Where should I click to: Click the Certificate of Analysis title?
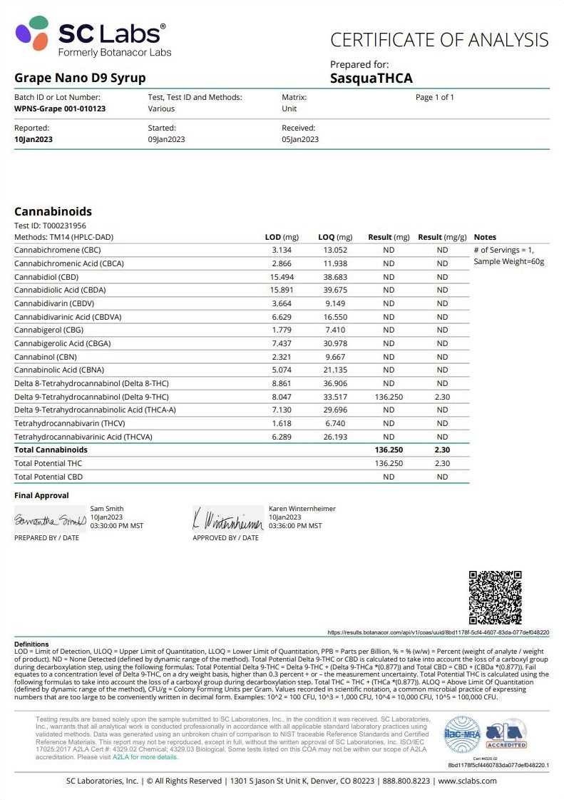[x=439, y=40]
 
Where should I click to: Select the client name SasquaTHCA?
[x=371, y=79]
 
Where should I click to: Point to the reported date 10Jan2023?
[x=34, y=140]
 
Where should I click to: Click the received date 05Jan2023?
[x=300, y=140]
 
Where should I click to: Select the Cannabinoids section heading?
[x=53, y=211]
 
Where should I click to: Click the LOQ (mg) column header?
[x=335, y=237]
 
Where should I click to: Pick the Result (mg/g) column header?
[x=442, y=237]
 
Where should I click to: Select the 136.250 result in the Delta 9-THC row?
[x=389, y=397]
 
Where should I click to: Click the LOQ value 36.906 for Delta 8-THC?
[x=335, y=383]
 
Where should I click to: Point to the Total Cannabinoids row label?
[x=51, y=450]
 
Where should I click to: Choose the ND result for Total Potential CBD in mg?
[x=389, y=477]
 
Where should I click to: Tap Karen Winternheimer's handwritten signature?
[x=227, y=519]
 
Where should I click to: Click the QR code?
[x=495, y=597]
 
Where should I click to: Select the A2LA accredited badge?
[x=506, y=734]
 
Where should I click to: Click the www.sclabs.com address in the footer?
[x=468, y=781]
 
